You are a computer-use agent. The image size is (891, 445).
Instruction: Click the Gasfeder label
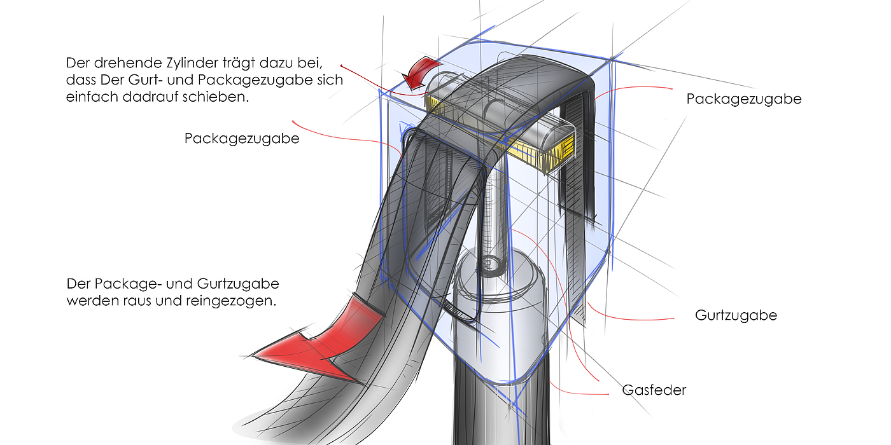click(654, 390)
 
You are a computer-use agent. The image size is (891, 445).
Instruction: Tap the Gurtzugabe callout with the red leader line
click(736, 315)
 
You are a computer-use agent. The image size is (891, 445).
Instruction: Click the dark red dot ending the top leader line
click(342, 66)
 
